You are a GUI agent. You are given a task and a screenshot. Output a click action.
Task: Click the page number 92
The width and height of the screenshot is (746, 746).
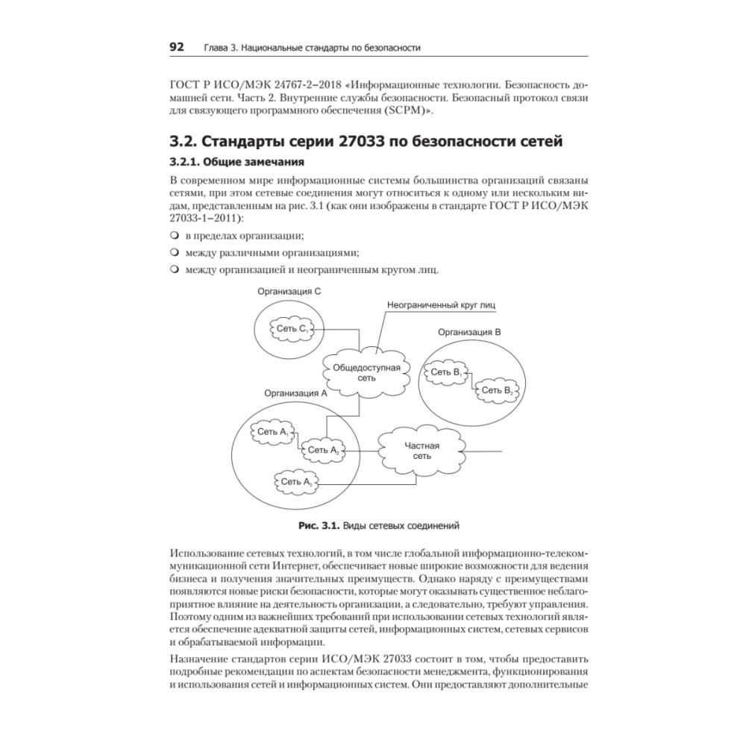177,47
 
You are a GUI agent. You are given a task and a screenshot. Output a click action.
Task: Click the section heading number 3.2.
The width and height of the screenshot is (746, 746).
185,141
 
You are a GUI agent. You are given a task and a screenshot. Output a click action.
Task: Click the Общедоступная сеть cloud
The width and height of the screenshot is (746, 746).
366,373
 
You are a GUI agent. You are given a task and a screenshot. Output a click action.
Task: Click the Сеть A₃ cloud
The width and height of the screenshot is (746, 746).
297,482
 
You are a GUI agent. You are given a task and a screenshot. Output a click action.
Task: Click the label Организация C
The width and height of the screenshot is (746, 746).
289,292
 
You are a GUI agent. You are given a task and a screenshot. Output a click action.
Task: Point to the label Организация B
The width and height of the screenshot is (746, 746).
469,331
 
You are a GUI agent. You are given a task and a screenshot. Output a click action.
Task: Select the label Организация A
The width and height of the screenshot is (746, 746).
296,392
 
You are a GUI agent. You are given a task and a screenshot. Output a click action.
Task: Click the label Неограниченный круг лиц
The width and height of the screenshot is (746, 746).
441,305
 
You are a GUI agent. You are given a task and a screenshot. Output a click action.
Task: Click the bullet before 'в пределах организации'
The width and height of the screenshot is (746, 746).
175,236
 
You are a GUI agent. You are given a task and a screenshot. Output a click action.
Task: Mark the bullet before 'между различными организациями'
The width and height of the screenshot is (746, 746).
175,252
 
